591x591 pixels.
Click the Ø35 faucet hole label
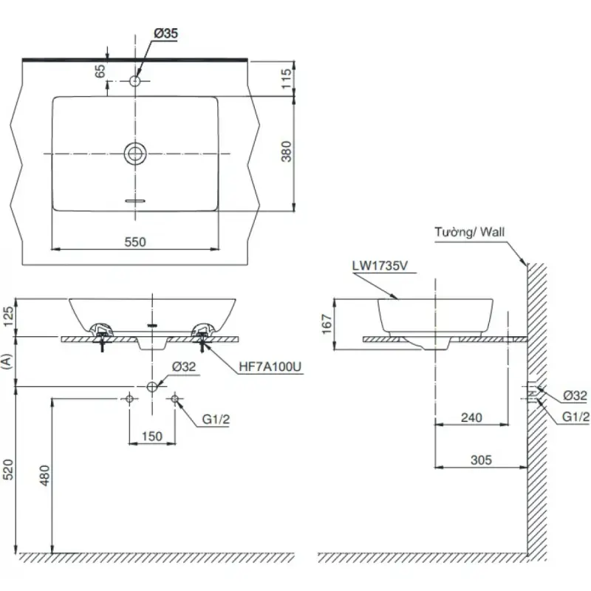pos(166,33)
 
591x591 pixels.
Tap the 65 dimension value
pos(100,72)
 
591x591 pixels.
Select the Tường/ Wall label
pos(468,232)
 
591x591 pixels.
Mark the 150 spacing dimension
pos(151,436)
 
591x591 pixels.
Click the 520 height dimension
pos(8,469)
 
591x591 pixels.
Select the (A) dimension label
pos(8,361)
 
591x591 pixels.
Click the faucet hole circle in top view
pos(136,80)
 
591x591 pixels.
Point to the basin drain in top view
pos(136,153)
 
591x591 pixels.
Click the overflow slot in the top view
pos(136,199)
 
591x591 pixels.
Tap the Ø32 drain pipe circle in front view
pos(151,386)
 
